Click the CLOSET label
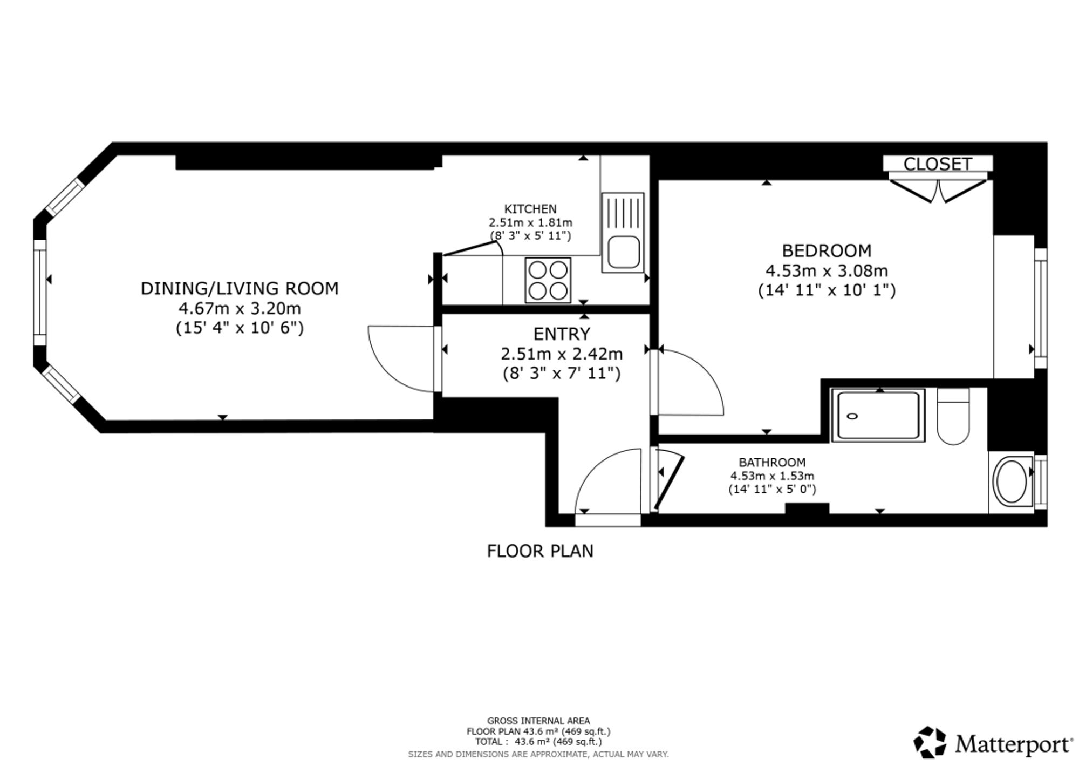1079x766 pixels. pos(938,164)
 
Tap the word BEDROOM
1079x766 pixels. pos(827,251)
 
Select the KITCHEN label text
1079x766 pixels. pos(530,209)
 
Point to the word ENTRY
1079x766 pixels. pos(562,334)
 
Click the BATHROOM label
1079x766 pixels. pos(772,463)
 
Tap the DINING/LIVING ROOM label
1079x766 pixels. pos(240,289)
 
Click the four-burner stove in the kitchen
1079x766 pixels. pos(548,280)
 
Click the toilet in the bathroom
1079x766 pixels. pos(953,416)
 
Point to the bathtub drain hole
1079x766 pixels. pos(853,416)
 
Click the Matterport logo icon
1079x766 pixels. pos(930,742)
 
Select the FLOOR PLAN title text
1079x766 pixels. pos(540,551)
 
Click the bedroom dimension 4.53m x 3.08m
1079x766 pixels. pos(827,270)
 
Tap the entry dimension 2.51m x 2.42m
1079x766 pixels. pos(562,354)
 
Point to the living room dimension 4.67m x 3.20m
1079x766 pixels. pos(240,309)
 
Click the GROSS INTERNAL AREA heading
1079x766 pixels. pos(538,721)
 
